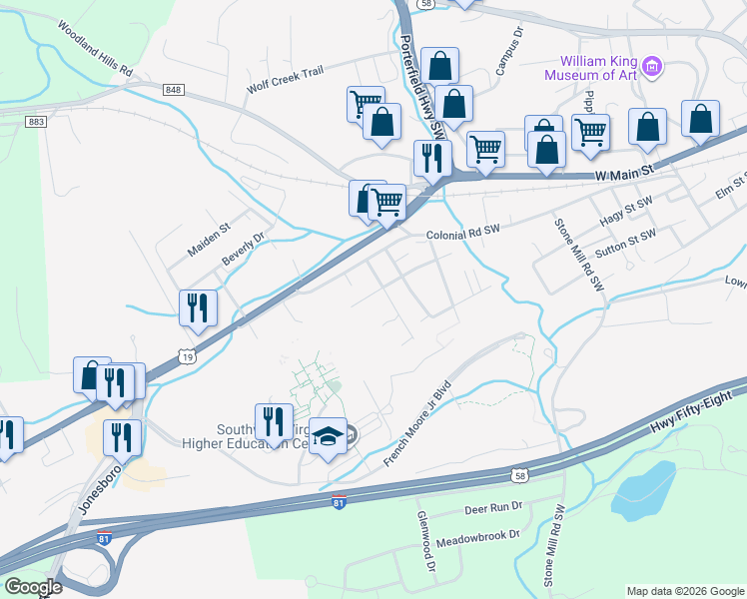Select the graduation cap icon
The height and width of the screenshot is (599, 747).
coord(328,436)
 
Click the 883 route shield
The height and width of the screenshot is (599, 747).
coord(37,121)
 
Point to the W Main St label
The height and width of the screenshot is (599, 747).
coord(623,174)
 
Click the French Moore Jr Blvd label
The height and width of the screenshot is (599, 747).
coord(418,424)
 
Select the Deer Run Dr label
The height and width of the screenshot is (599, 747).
coord(494,508)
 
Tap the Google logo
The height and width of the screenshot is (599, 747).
coord(33,587)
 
